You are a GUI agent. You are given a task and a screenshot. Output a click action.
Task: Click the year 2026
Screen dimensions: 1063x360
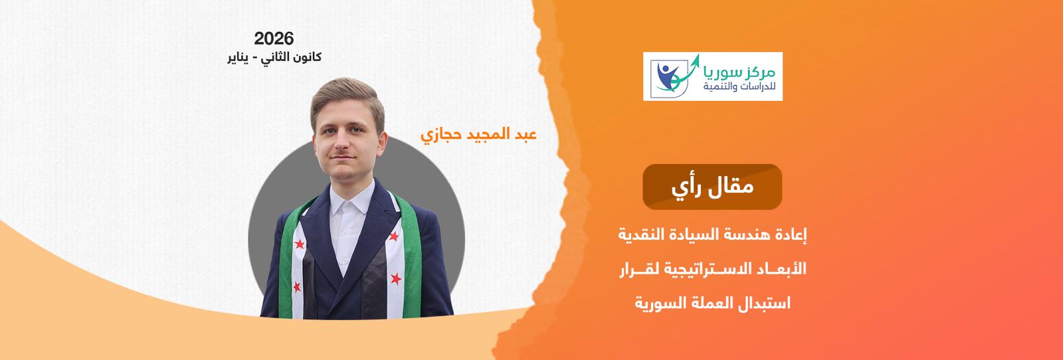pyautogui.click(x=274, y=39)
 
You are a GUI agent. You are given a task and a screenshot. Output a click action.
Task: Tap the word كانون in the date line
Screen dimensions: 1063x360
pyautogui.click(x=306, y=57)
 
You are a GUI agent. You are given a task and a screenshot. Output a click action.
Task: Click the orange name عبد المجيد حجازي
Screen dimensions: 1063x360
pyautogui.click(x=478, y=135)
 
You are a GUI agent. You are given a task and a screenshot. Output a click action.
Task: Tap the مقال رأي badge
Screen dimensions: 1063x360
pyautogui.click(x=712, y=187)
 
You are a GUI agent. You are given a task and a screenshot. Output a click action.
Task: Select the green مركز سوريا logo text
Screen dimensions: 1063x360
pyautogui.click(x=740, y=72)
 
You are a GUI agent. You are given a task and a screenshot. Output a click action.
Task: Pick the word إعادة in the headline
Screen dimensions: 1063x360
pyautogui.click(x=791, y=234)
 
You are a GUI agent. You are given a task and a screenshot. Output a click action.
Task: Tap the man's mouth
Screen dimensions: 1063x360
pyautogui.click(x=343, y=157)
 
